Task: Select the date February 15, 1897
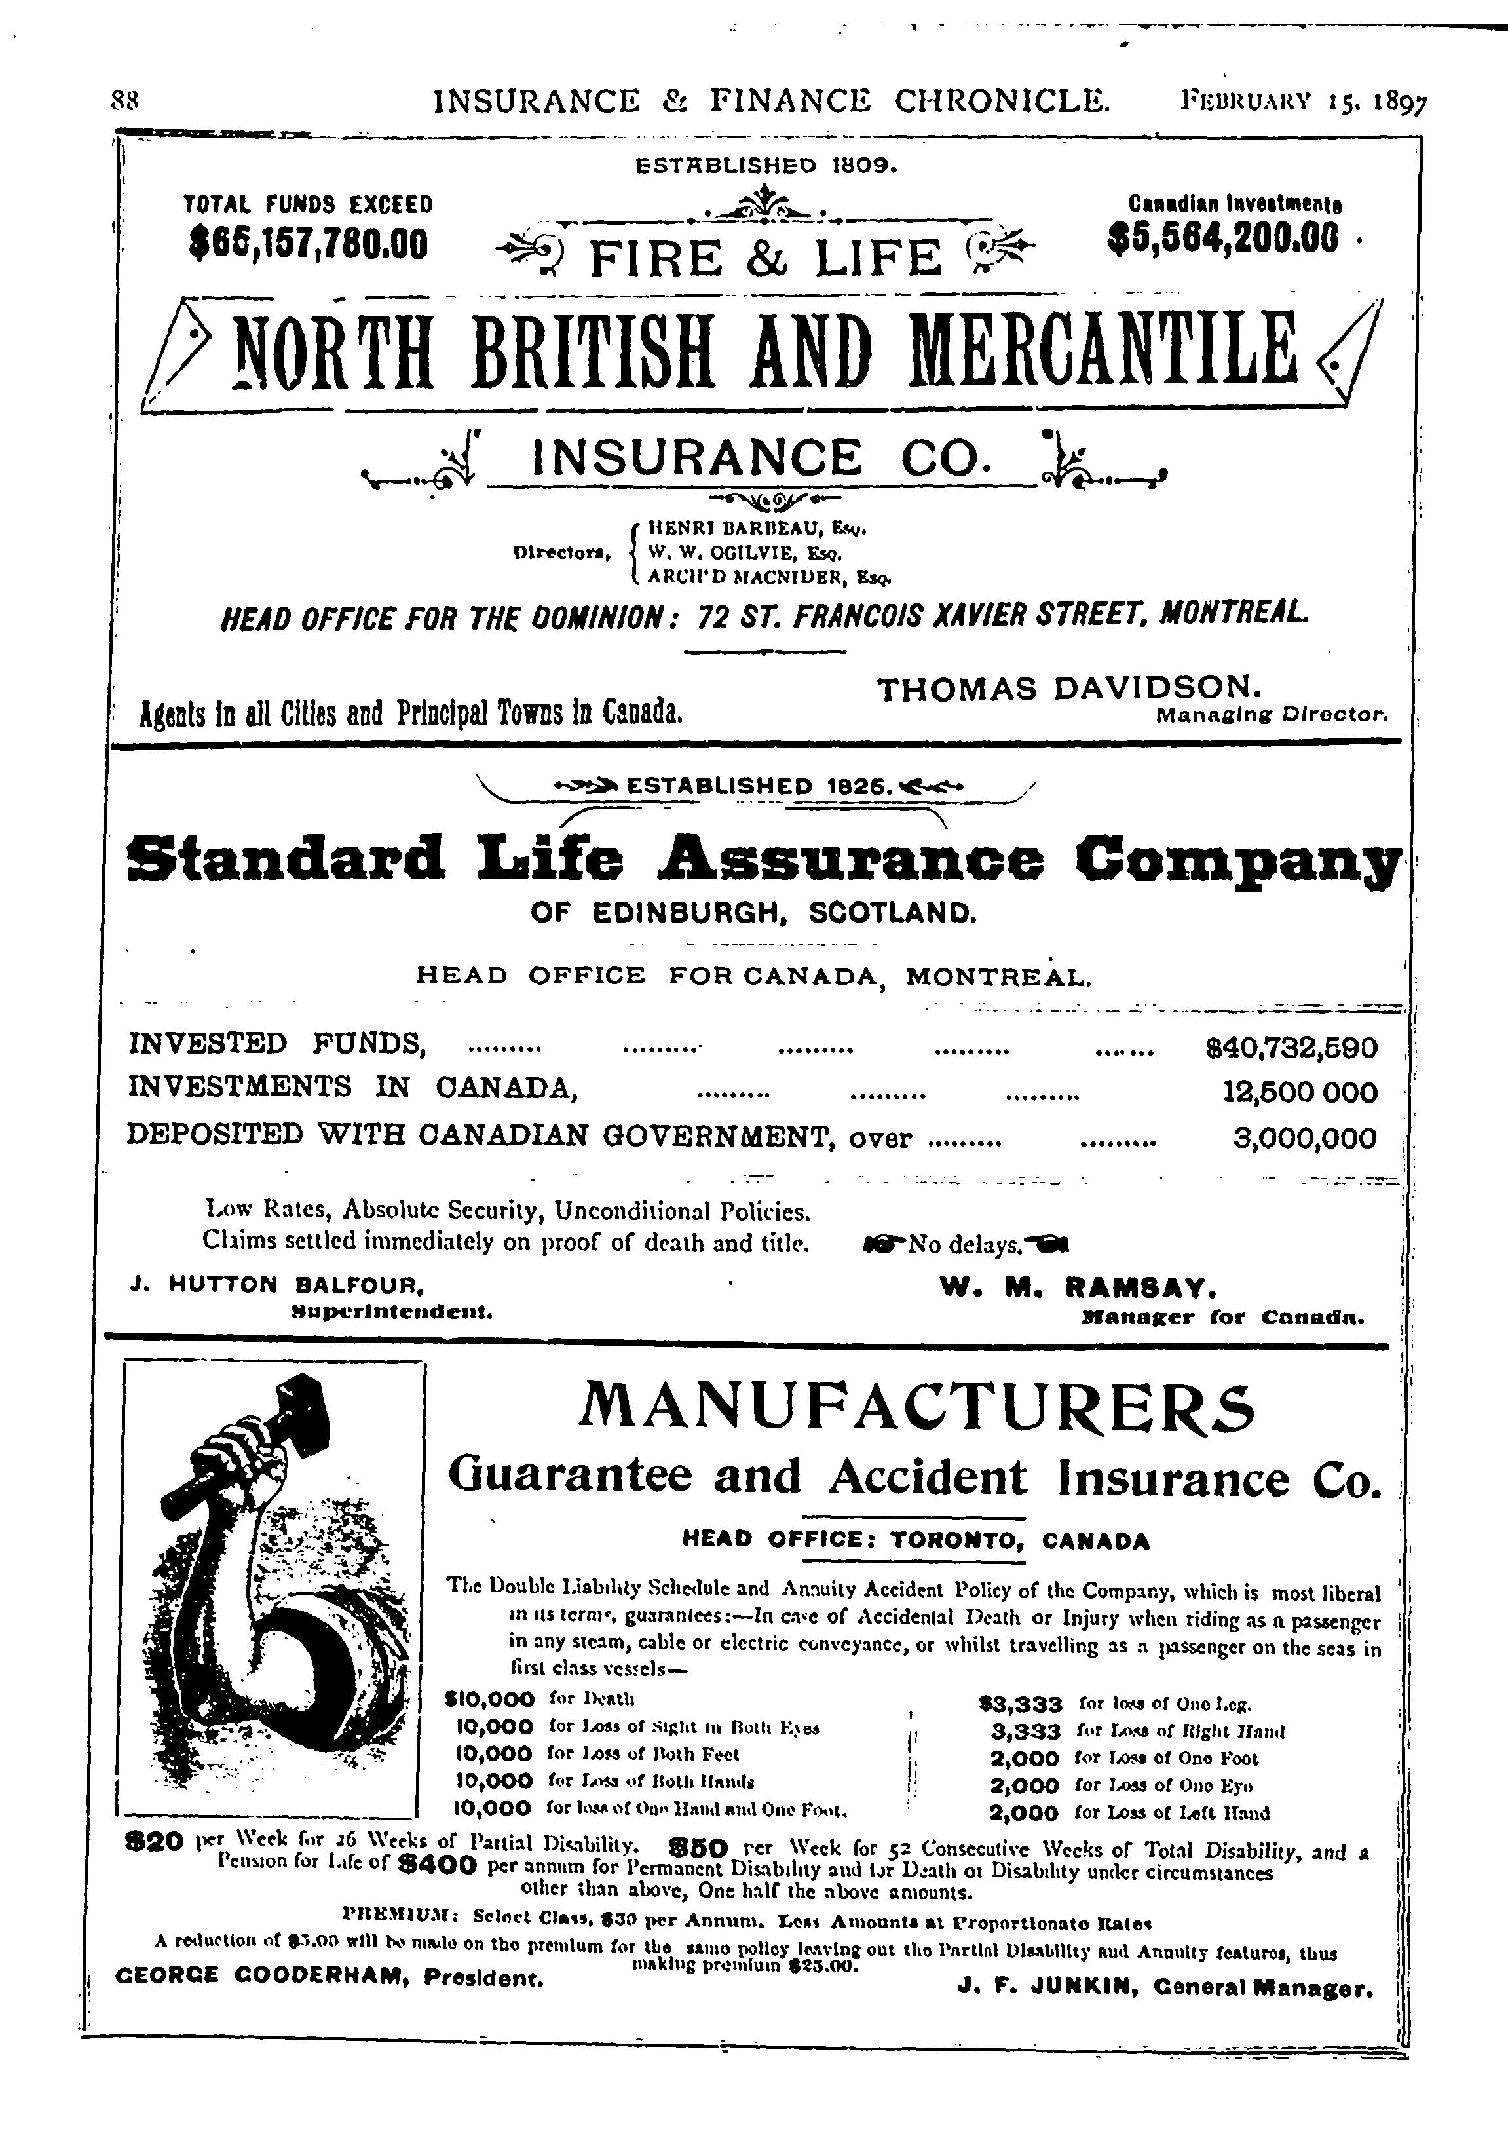tap(1304, 102)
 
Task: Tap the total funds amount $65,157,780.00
tap(308, 244)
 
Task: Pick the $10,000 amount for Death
tap(490, 1700)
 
